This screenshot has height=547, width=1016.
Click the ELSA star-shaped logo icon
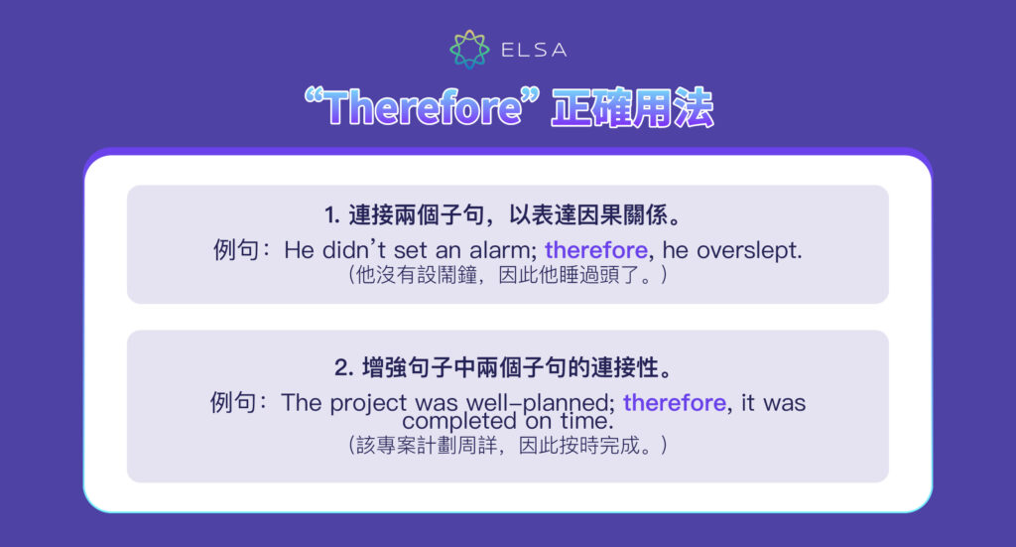click(468, 50)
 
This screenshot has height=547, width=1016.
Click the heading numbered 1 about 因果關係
click(507, 214)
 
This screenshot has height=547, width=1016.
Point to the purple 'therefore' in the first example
click(595, 250)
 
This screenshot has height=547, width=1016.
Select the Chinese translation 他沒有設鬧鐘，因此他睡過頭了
click(507, 275)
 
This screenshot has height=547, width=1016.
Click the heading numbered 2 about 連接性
click(507, 367)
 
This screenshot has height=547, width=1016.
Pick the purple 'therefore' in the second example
click(675, 403)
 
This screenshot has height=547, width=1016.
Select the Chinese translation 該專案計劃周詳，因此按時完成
click(507, 446)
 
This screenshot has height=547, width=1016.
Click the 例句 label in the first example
click(236, 250)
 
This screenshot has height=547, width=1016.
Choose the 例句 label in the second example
click(234, 403)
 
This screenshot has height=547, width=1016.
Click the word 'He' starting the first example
click(299, 250)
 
